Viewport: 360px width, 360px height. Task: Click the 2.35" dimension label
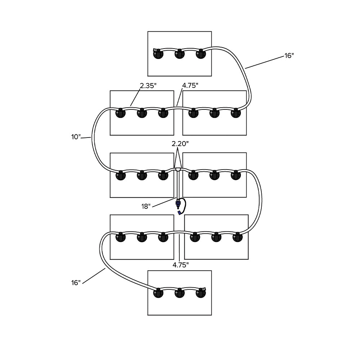point(148,86)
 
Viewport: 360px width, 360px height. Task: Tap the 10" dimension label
point(76,137)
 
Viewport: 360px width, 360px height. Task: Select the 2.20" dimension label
point(180,143)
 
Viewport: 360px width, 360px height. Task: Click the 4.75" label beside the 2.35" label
point(190,86)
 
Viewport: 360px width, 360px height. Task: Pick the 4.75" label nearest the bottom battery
point(180,265)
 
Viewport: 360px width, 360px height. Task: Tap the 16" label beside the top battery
point(289,56)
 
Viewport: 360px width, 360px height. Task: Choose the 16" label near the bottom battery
point(76,283)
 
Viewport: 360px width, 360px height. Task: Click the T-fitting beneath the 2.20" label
point(178,168)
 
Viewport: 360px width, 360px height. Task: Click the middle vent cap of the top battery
point(179,55)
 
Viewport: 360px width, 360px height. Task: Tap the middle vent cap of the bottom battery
point(179,294)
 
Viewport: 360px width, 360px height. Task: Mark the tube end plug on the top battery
point(155,50)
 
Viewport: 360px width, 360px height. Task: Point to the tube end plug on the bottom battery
point(204,289)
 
